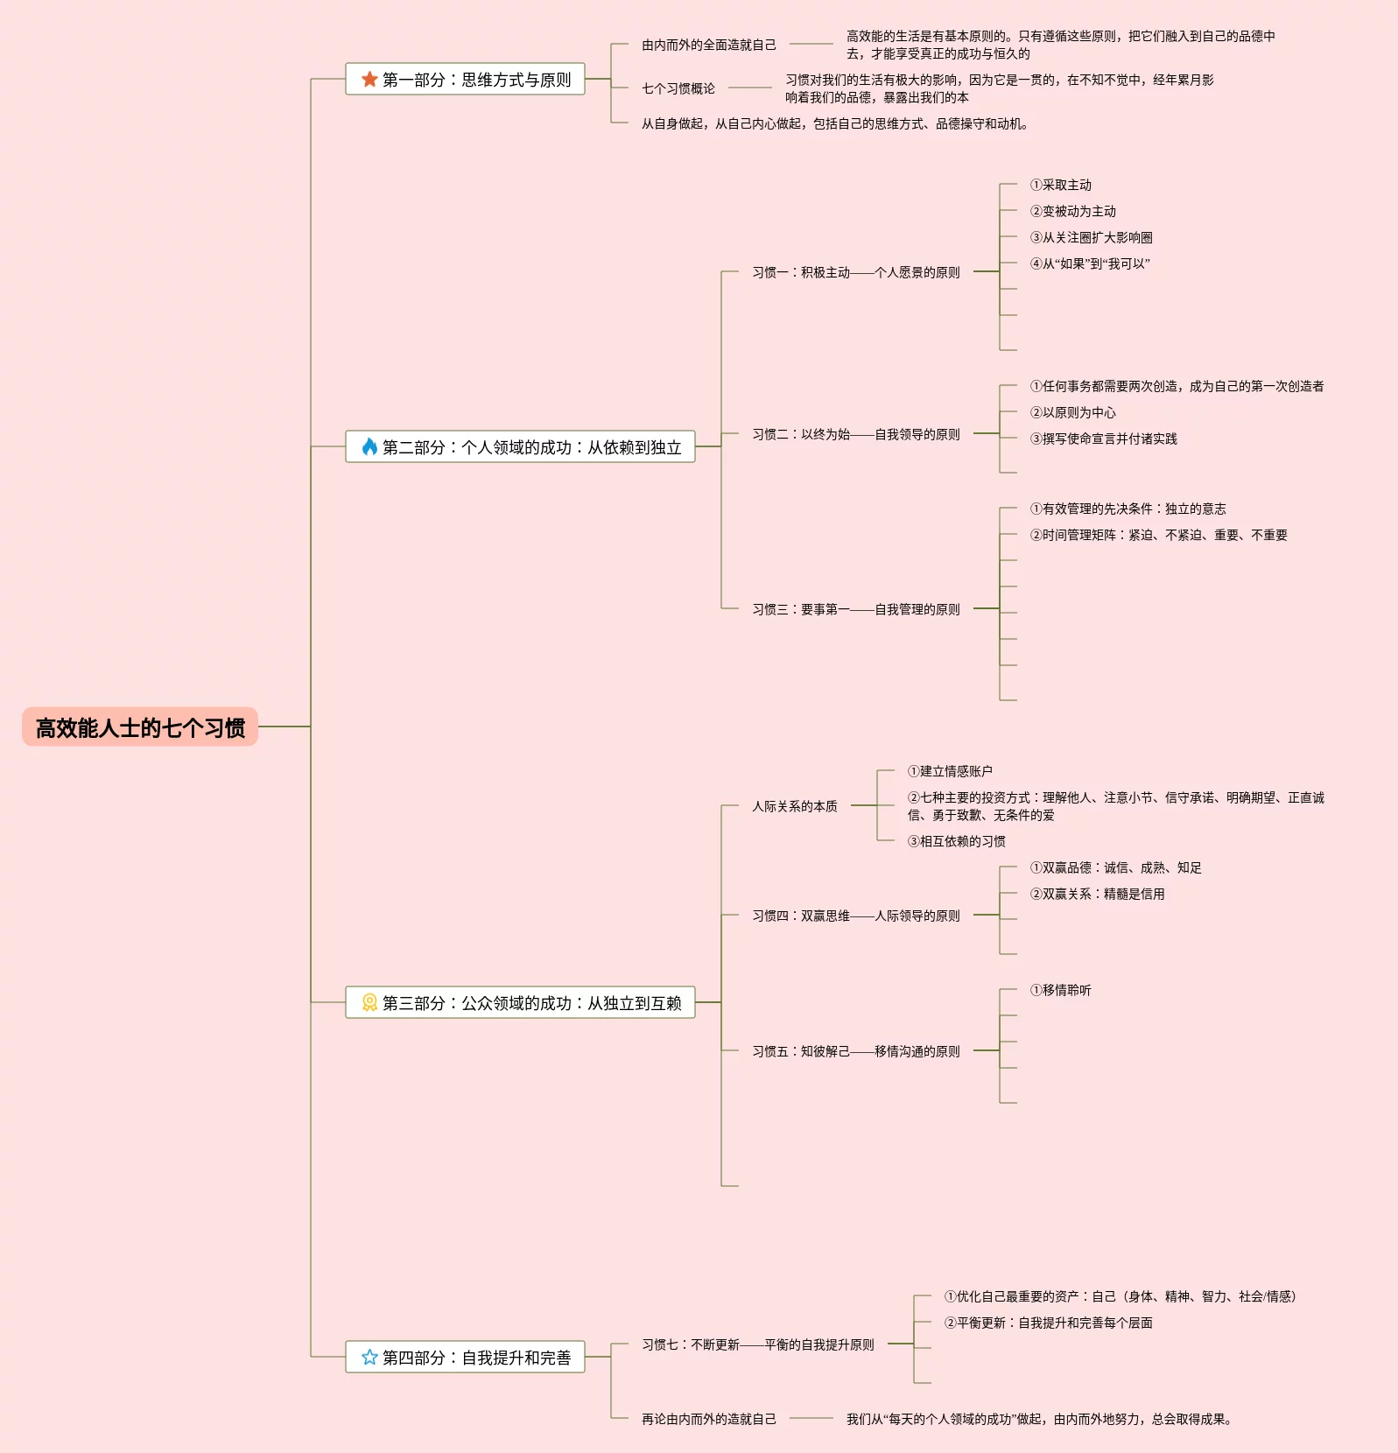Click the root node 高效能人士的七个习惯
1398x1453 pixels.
pyautogui.click(x=140, y=727)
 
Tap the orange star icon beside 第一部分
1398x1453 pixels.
pyautogui.click(x=369, y=80)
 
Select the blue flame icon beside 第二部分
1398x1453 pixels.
pyautogui.click(x=369, y=447)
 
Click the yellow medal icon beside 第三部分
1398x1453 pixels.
pyautogui.click(x=369, y=1003)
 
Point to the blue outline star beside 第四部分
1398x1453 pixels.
pyautogui.click(x=369, y=1358)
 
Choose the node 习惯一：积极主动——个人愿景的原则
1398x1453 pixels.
pyautogui.click(x=855, y=272)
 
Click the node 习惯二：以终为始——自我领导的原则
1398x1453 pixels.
pyautogui.click(x=855, y=434)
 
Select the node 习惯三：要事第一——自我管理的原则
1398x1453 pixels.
pyautogui.click(x=855, y=609)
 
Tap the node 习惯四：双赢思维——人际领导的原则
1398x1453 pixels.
pyautogui.click(x=855, y=916)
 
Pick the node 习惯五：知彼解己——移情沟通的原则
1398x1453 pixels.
pyautogui.click(x=855, y=1051)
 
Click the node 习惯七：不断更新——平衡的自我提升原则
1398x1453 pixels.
pyautogui.click(x=757, y=1344)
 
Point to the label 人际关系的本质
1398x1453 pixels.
pyautogui.click(x=794, y=806)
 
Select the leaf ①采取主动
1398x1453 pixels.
pyautogui.click(x=1060, y=185)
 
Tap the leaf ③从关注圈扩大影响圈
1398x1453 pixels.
pyautogui.click(x=1091, y=237)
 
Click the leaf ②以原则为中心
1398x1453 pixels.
pyautogui.click(x=1072, y=412)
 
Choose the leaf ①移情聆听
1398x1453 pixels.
pyautogui.click(x=1060, y=990)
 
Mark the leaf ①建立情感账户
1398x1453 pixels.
pyautogui.click(x=950, y=771)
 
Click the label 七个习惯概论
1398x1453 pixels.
pyautogui.click(x=678, y=88)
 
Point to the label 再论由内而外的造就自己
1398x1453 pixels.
pyautogui.click(x=708, y=1419)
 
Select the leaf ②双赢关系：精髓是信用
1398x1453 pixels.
pyautogui.click(x=1097, y=894)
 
